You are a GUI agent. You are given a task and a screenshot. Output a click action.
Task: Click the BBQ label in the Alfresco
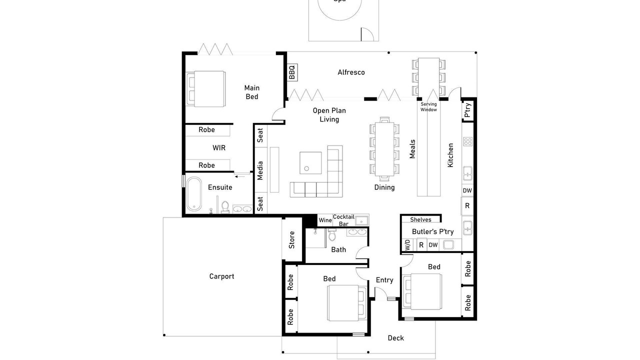coord(292,72)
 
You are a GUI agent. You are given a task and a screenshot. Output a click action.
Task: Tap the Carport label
coord(221,276)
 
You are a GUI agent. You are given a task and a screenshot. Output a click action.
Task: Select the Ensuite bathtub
coord(193,194)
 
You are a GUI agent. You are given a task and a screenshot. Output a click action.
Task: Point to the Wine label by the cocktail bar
coord(325,220)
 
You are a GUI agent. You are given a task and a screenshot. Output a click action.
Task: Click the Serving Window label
coord(428,107)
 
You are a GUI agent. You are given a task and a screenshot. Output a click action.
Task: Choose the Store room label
coord(292,239)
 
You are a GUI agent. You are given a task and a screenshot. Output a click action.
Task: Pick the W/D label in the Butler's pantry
coord(407,245)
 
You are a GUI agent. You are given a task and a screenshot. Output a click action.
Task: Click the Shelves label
coord(420,219)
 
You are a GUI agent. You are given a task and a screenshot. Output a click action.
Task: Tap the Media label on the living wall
coord(260,170)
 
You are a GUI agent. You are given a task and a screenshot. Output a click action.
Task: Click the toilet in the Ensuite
coord(225,206)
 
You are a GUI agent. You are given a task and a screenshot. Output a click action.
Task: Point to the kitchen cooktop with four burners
coord(468,141)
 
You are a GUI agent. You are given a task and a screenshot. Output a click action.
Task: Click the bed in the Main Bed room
coord(206,88)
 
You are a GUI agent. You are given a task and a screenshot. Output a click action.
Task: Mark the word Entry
coord(384,280)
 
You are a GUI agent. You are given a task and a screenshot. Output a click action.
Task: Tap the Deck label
coord(396,338)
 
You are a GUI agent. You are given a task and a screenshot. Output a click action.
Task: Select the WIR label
coord(219,148)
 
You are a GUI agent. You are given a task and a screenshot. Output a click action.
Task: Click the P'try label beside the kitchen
coord(467,110)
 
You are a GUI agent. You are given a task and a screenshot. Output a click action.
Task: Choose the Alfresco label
coord(351,72)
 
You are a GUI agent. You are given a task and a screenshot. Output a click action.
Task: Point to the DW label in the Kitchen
coord(467,190)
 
